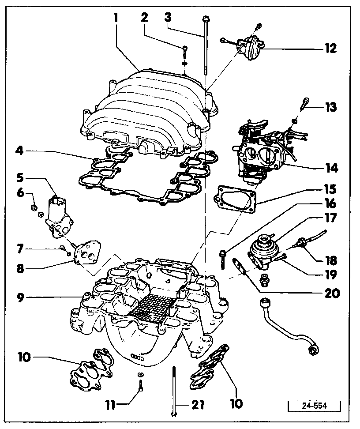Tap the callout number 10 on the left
25,356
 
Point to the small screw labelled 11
139,386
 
